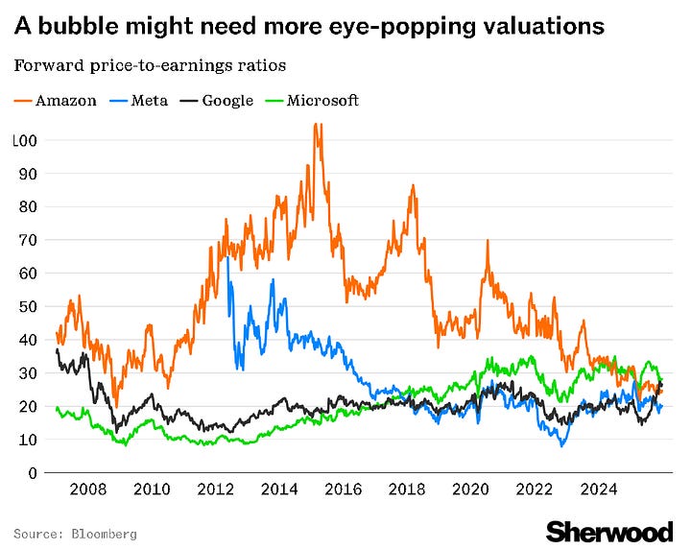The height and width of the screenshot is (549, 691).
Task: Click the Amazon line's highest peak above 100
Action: pos(317,125)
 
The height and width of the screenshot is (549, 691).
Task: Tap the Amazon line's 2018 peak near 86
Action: pos(412,186)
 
